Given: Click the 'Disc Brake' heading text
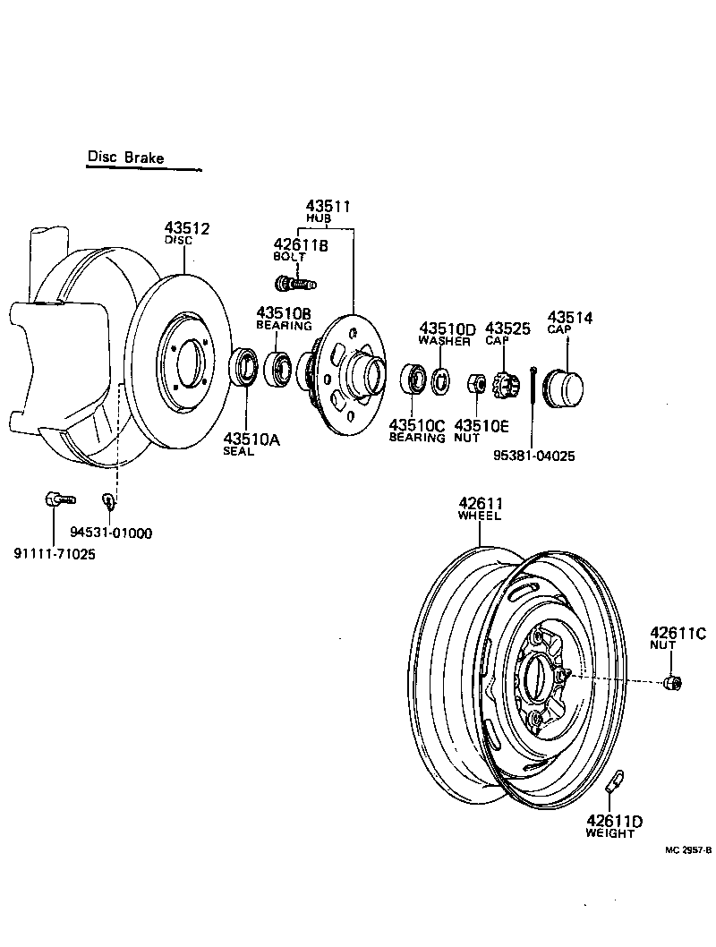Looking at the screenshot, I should (x=125, y=158).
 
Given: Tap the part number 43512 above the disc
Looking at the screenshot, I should (x=186, y=229).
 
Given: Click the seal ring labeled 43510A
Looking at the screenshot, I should (x=243, y=368).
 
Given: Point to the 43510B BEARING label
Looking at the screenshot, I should (x=284, y=319).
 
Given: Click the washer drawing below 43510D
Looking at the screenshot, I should (x=440, y=380).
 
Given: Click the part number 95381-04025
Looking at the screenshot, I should (x=534, y=456).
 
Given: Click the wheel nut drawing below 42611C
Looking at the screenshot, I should (x=673, y=683).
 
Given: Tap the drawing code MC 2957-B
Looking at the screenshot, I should (x=687, y=851).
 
